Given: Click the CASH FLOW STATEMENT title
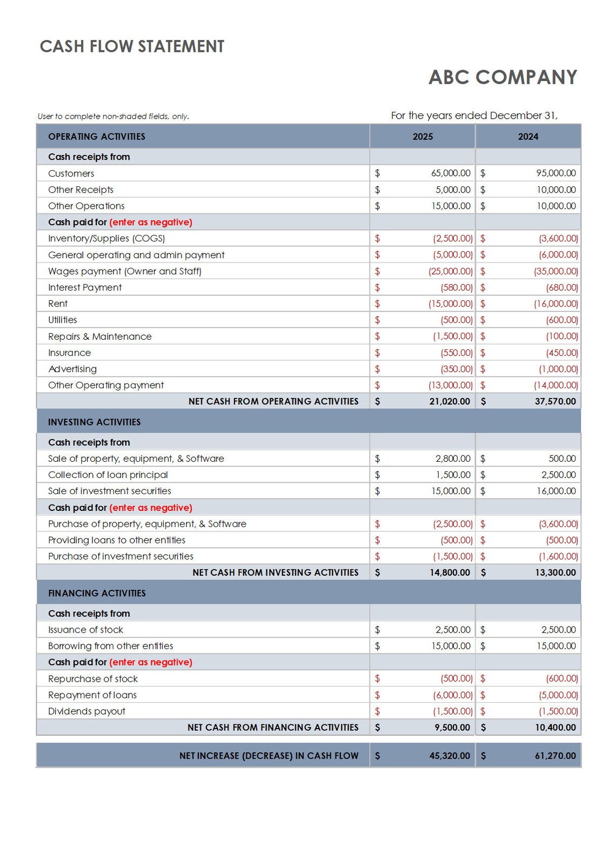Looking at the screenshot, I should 132,46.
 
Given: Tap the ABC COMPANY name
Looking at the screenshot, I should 503,77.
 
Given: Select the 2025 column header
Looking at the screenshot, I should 423,137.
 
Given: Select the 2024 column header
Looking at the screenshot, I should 528,137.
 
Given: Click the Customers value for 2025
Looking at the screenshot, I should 451,173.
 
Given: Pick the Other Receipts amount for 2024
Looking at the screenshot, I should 556,190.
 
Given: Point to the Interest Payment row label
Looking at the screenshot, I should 85,287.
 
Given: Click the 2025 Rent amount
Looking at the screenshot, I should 450,304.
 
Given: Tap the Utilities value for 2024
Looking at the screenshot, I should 561,320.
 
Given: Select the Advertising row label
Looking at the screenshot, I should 72,369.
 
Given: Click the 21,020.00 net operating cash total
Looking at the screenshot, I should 450,401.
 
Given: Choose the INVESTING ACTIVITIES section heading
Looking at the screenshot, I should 94,422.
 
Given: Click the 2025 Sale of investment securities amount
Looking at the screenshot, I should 451,491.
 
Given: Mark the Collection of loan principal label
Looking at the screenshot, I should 108,475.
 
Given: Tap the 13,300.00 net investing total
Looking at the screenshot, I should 555,572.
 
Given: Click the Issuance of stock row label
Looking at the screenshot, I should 85,630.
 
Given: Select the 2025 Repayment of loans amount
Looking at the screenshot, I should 452,695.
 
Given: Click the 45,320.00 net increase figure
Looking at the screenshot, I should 450,756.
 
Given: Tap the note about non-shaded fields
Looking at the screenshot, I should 113,116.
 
